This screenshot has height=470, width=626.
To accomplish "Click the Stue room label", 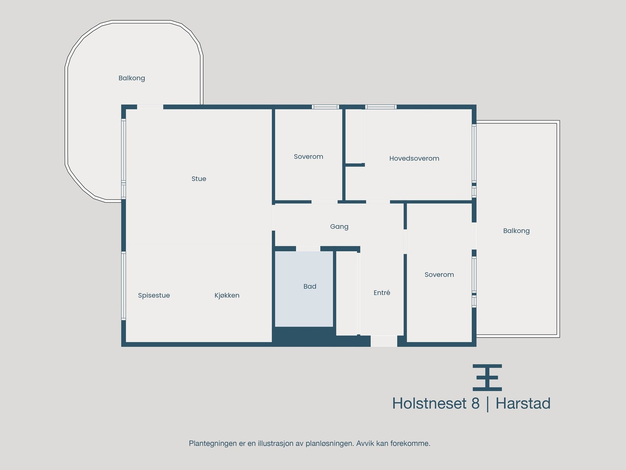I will pyautogui.click(x=199, y=179).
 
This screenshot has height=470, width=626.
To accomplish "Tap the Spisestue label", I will pyautogui.click(x=154, y=296).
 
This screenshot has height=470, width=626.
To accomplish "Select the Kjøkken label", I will pyautogui.click(x=227, y=296).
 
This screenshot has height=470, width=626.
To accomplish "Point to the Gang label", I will pyautogui.click(x=339, y=227).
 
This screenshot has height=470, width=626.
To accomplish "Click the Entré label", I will pyautogui.click(x=382, y=293).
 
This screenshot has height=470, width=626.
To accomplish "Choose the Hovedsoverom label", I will pyautogui.click(x=414, y=159).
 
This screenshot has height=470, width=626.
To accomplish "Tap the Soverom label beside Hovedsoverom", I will pyautogui.click(x=308, y=157).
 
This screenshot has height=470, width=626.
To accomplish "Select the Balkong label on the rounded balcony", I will pyautogui.click(x=132, y=78).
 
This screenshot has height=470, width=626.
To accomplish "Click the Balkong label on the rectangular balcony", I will pyautogui.click(x=516, y=231).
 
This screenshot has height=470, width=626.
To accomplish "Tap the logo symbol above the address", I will pyautogui.click(x=487, y=378).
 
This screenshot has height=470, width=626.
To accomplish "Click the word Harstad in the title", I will pyautogui.click(x=523, y=404).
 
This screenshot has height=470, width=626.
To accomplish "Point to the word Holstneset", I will pyautogui.click(x=429, y=404).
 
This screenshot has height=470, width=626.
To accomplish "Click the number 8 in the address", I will pyautogui.click(x=475, y=404).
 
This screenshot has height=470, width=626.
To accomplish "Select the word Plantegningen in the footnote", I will pyautogui.click(x=213, y=444).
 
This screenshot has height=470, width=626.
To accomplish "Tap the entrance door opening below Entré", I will pyautogui.click(x=384, y=341).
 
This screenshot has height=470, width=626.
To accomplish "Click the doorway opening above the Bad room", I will pyautogui.click(x=308, y=249).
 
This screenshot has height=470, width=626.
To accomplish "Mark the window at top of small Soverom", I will pyautogui.click(x=325, y=107).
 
